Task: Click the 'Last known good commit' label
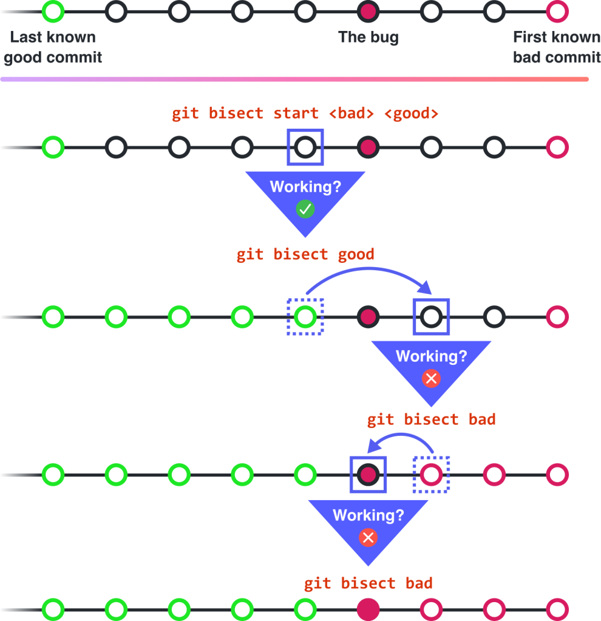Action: [x=53, y=47]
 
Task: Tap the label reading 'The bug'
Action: [x=368, y=38]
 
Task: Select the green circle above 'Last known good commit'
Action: [x=53, y=10]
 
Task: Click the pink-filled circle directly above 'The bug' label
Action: [x=368, y=10]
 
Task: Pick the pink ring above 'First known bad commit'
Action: [x=557, y=10]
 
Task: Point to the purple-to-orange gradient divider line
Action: [x=294, y=80]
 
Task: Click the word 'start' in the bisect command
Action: [x=296, y=114]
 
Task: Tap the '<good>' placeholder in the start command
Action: [x=411, y=114]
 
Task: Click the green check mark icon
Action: [x=305, y=209]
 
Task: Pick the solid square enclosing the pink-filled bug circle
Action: [x=368, y=474]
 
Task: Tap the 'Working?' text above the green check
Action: [x=305, y=186]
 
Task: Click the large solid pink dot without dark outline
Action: [x=368, y=609]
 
